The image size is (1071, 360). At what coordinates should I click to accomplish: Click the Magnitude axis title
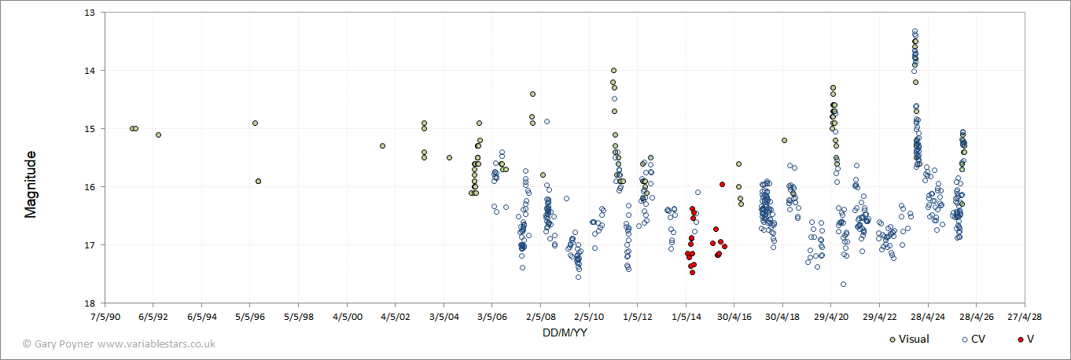31,185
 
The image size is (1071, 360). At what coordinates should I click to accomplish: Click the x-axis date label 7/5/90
105,318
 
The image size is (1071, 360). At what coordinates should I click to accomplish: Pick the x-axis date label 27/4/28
1025,318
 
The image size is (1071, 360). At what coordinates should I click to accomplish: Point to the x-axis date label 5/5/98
298,318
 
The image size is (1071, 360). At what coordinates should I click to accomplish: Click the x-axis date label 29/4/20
831,318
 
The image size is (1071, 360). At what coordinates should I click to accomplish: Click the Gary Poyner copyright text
119,344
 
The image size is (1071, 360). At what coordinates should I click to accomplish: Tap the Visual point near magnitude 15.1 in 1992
158,134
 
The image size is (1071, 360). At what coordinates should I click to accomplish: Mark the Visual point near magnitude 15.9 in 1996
258,181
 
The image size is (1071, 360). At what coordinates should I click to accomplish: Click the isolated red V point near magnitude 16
722,184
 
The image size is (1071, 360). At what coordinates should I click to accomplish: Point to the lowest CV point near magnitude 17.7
843,284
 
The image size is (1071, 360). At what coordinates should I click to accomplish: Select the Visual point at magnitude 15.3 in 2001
382,145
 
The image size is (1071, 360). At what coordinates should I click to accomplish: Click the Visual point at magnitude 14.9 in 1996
255,123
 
